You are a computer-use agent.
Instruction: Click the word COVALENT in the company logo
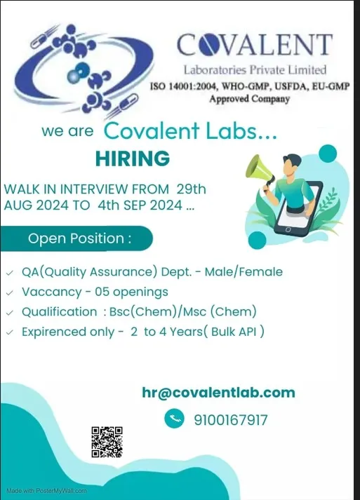[x=254, y=45]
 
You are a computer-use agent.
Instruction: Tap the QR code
[x=107, y=442]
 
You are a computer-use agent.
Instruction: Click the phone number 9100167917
[x=230, y=419]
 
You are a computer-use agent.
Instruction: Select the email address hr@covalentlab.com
[x=219, y=393]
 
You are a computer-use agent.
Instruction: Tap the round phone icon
[x=174, y=418]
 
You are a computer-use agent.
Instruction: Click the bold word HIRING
[x=133, y=158]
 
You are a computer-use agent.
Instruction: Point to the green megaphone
[x=259, y=172]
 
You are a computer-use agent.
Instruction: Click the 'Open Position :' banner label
[x=79, y=238]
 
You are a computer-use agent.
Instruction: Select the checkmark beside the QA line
[x=10, y=273]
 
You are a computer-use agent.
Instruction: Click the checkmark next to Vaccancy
[x=10, y=292]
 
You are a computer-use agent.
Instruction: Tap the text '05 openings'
[x=131, y=292]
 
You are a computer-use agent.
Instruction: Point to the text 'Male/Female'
[x=244, y=272]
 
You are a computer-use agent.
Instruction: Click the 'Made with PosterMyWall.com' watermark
[x=46, y=491]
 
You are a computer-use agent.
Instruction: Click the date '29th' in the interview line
[x=191, y=189]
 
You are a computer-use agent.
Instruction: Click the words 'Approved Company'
[x=250, y=99]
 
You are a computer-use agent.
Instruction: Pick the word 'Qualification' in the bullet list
[x=60, y=312]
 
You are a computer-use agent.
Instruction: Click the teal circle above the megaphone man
[x=328, y=154]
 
